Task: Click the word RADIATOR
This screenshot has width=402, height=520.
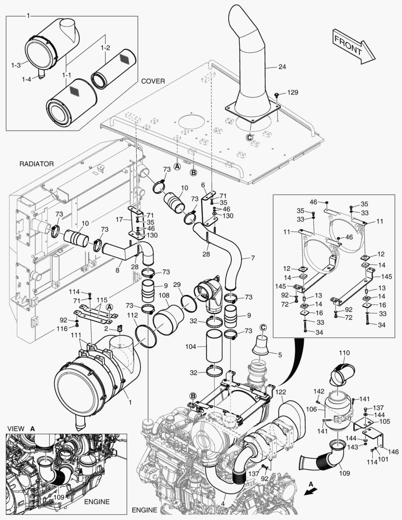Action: point(37,164)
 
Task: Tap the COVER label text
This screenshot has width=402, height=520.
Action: point(153,81)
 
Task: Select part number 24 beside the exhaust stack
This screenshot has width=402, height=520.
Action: point(282,67)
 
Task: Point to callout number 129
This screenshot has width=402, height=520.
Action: point(293,91)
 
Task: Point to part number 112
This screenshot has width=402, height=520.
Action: point(133,315)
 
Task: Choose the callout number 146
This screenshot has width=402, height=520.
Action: point(393,452)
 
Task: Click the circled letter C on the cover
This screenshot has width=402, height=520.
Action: point(249,137)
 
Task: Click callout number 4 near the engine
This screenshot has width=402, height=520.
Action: point(223,504)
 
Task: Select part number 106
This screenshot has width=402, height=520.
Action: point(311,409)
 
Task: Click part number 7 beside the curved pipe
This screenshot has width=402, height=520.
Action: point(252,259)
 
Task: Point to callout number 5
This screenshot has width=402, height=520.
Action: point(279,355)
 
